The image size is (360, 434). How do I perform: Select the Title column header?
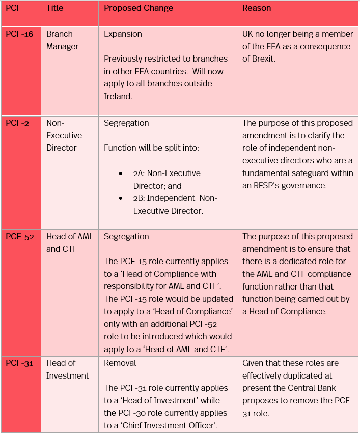click(x=54, y=8)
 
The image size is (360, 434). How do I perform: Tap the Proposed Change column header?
click(x=139, y=8)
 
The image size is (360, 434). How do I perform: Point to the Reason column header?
click(x=257, y=8)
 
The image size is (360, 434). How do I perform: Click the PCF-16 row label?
click(x=19, y=34)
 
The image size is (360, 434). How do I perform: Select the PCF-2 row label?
click(x=17, y=123)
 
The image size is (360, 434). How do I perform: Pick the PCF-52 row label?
click(x=19, y=237)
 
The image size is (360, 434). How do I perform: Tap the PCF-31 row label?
click(x=19, y=363)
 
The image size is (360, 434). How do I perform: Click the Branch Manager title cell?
click(x=62, y=40)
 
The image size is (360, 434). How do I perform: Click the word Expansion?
click(x=123, y=34)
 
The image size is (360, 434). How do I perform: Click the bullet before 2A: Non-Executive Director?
click(x=121, y=173)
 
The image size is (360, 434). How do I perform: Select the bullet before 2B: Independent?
click(x=121, y=198)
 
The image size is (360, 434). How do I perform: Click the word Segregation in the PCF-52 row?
click(x=126, y=237)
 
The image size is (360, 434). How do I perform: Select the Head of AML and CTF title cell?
click(x=70, y=243)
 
